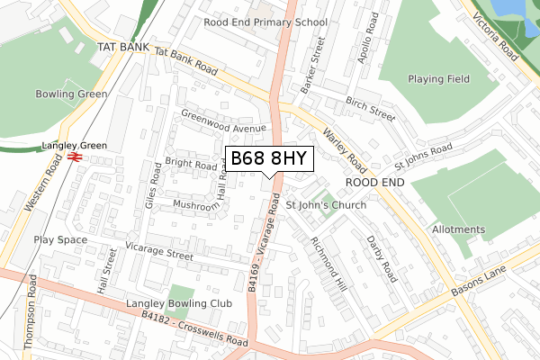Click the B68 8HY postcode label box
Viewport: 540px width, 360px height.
[269, 159]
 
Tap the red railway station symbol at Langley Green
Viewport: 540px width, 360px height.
[74, 157]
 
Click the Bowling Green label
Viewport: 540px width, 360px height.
[71, 94]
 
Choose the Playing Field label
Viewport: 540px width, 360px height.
[439, 79]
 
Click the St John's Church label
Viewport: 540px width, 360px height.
[326, 205]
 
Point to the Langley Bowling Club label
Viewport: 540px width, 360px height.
[179, 304]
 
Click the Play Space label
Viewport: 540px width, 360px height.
[60, 240]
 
